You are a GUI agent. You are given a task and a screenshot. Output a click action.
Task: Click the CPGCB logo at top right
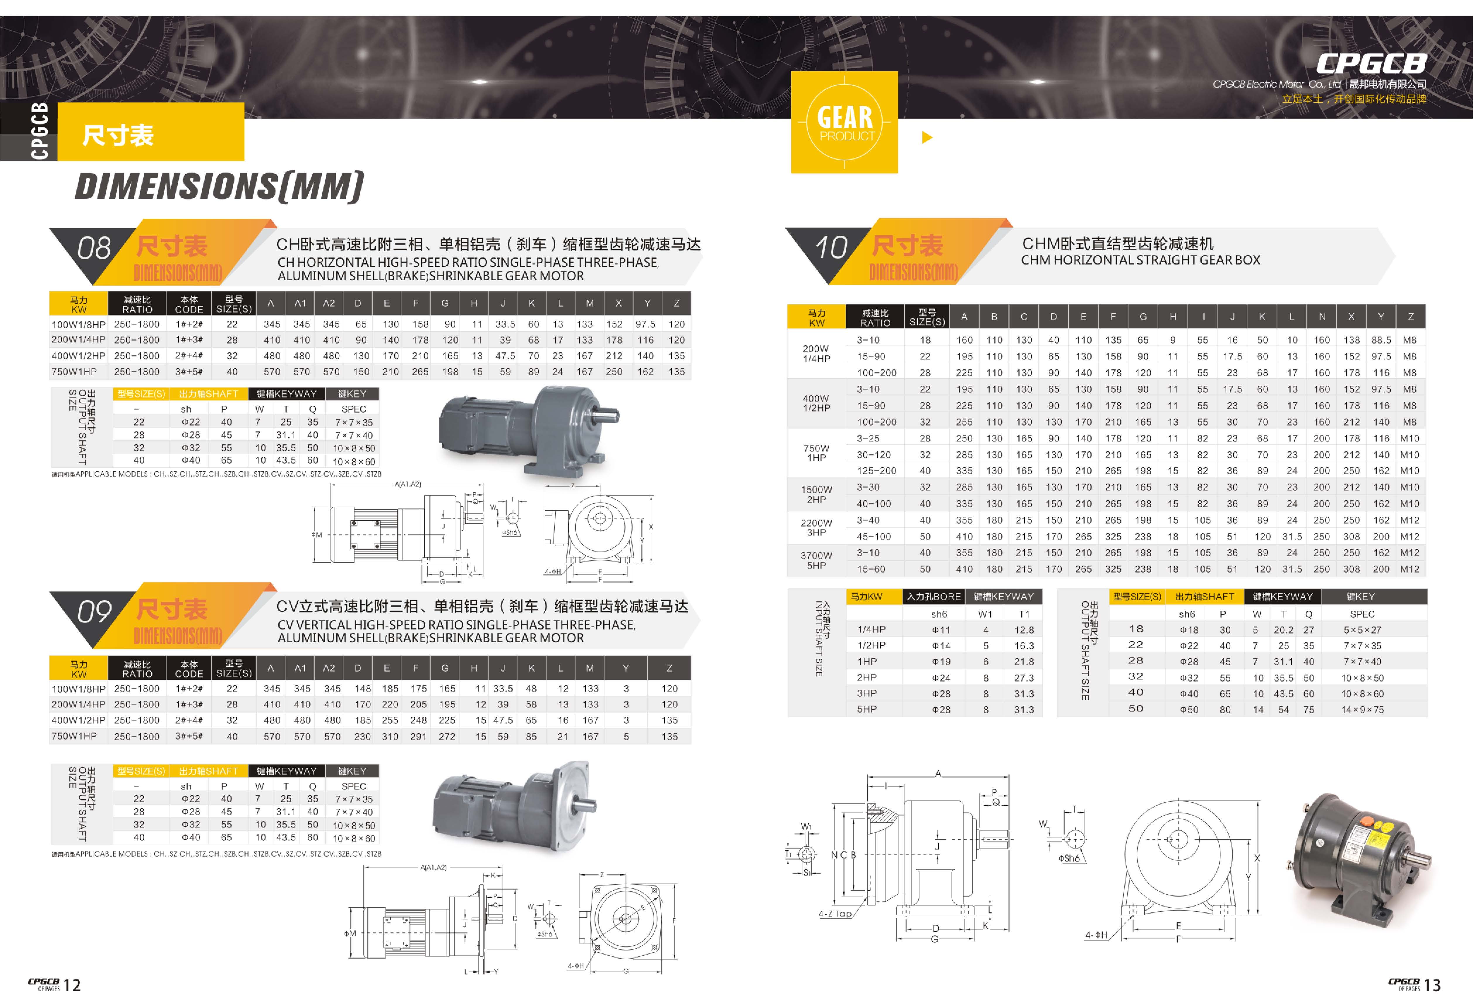(x=1371, y=63)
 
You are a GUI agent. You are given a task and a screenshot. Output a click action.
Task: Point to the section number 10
(x=831, y=247)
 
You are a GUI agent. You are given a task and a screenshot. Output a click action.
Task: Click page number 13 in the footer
(x=1432, y=985)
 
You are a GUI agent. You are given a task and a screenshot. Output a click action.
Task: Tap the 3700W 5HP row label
(x=816, y=561)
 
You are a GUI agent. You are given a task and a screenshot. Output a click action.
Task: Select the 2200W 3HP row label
(x=816, y=528)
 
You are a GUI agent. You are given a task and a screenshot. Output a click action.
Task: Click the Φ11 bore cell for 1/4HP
(x=941, y=630)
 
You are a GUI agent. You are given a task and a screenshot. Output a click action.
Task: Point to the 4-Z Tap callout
(x=835, y=914)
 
